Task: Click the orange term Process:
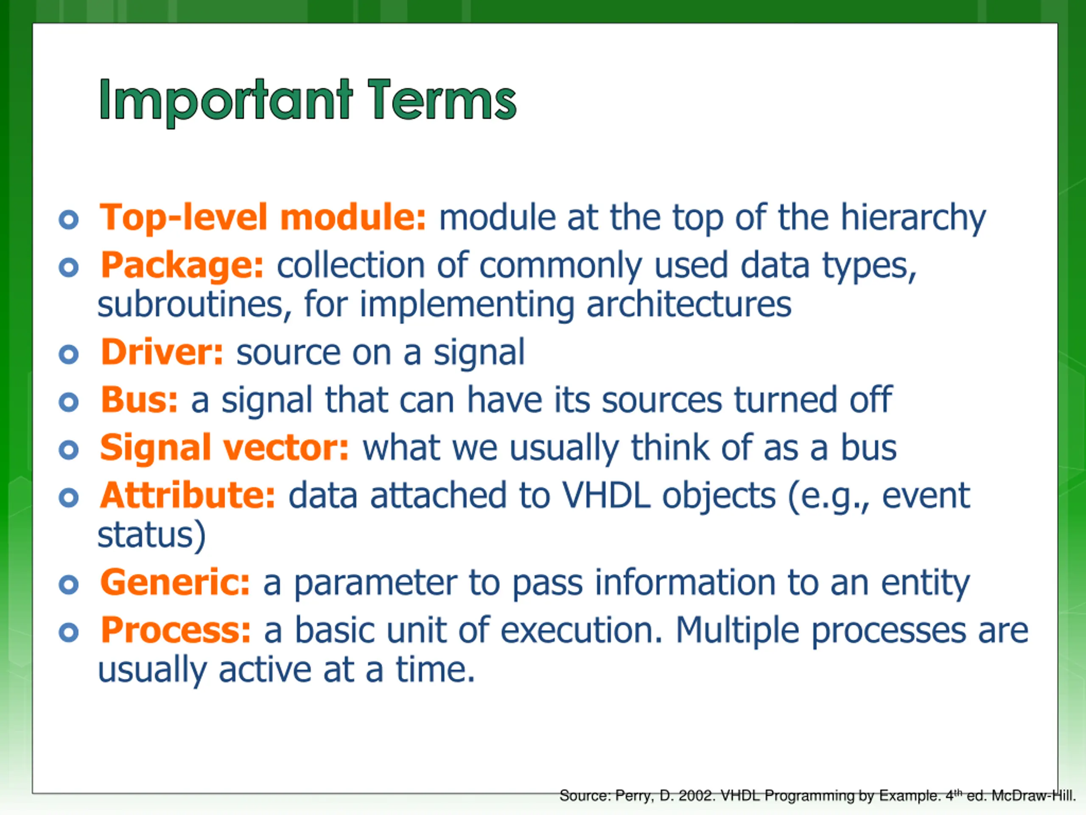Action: coord(176,630)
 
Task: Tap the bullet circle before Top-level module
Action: coord(68,219)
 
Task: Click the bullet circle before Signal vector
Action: coord(68,450)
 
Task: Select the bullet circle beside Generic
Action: coord(68,585)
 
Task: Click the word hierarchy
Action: coord(913,219)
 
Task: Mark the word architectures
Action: coord(689,305)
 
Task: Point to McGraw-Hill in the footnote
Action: coord(1033,795)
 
